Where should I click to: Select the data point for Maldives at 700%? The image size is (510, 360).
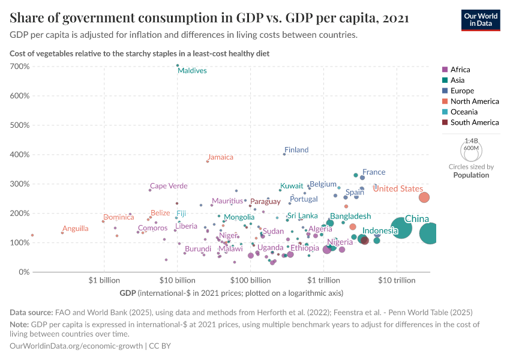(x=178, y=65)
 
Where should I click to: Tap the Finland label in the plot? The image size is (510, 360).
(x=296, y=150)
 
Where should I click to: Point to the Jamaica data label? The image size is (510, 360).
(x=220, y=157)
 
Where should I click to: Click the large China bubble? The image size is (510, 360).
(x=401, y=228)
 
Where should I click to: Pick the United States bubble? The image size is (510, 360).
(x=424, y=197)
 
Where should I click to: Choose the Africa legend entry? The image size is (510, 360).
(x=460, y=70)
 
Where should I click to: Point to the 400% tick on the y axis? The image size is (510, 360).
(x=20, y=155)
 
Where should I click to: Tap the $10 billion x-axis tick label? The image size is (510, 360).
(x=177, y=280)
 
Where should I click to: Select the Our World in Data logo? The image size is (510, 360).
(x=481, y=20)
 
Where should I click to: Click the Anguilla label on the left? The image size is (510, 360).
(x=76, y=229)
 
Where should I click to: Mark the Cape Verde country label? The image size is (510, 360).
(x=169, y=186)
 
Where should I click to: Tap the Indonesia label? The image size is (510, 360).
(x=380, y=231)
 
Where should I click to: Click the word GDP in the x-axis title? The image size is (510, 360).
(x=128, y=293)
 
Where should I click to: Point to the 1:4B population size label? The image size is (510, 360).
(x=471, y=140)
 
